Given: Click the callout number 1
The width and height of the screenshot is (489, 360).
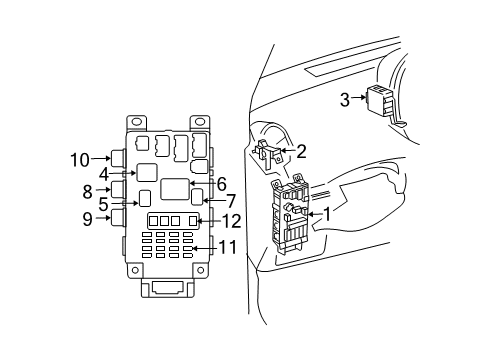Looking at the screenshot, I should click(x=326, y=213).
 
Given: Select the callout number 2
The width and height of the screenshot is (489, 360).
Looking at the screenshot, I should click(x=300, y=152).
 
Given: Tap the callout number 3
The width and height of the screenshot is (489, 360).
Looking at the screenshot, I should click(x=344, y=99).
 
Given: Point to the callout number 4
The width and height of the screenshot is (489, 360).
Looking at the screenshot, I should click(x=103, y=174).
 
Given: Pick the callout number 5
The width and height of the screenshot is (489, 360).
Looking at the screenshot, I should click(x=103, y=203).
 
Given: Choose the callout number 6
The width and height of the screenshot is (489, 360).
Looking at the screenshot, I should click(x=222, y=183).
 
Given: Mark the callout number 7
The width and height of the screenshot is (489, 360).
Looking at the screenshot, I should click(x=231, y=202).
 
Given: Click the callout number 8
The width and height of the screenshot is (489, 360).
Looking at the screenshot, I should click(x=87, y=189).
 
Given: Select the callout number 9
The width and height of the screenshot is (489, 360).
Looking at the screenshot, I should click(x=87, y=217).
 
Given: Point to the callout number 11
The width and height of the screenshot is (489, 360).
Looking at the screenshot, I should click(x=230, y=247).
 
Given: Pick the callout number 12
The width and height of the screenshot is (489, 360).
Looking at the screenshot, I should click(x=231, y=221).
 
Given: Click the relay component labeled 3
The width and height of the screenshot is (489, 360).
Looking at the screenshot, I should click(x=380, y=101).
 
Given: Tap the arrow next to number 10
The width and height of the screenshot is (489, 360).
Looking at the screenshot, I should click(x=103, y=158).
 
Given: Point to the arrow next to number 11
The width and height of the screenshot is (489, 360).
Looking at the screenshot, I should click(x=204, y=247).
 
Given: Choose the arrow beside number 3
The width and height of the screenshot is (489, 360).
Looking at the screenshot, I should click(x=360, y=99).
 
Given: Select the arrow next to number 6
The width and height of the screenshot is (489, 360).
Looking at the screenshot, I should click(x=203, y=183).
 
